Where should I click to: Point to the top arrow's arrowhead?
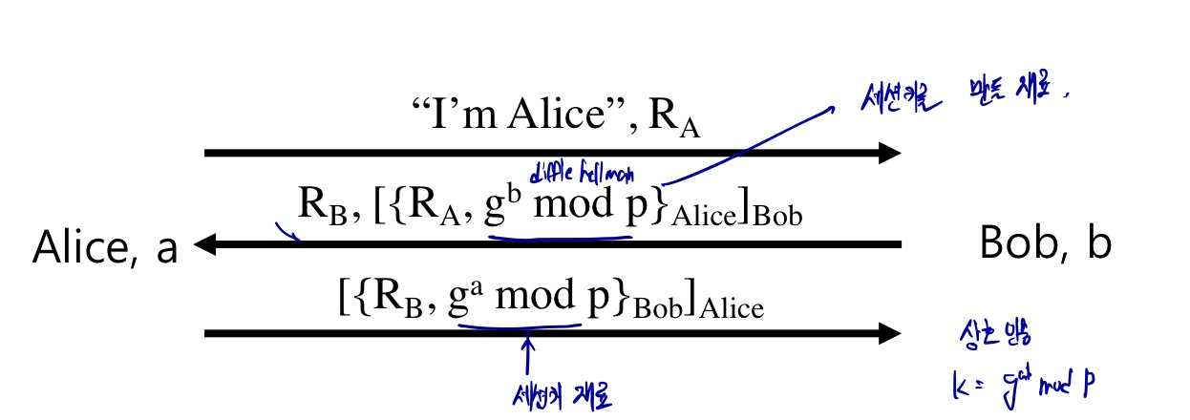[889, 153]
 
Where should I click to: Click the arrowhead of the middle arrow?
[202, 246]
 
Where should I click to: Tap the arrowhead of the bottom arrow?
[889, 333]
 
